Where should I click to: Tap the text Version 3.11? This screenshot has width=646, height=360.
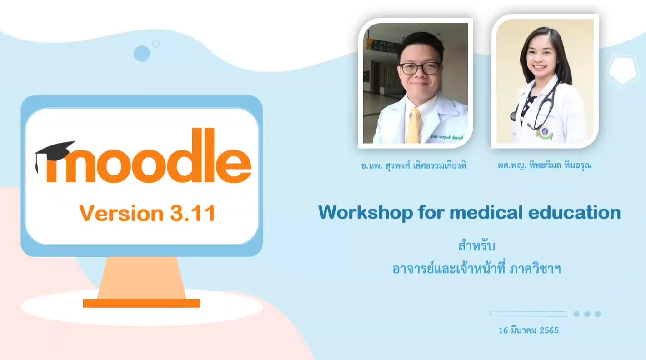coord(147,213)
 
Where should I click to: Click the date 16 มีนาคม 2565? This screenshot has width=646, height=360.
coord(528,330)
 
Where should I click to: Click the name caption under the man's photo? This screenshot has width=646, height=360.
coord(413,166)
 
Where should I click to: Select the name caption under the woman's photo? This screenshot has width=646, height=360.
coord(545,166)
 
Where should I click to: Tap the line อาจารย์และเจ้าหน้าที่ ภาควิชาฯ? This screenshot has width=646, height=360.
coord(476,269)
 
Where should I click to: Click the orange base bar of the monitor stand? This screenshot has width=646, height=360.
coord(141,303)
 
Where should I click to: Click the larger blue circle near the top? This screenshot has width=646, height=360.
coord(142,54)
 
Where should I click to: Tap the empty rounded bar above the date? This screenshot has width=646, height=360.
coord(528,314)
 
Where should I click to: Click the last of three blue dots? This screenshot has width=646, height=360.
coord(597,314)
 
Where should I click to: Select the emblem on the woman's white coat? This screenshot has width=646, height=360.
coord(542,133)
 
